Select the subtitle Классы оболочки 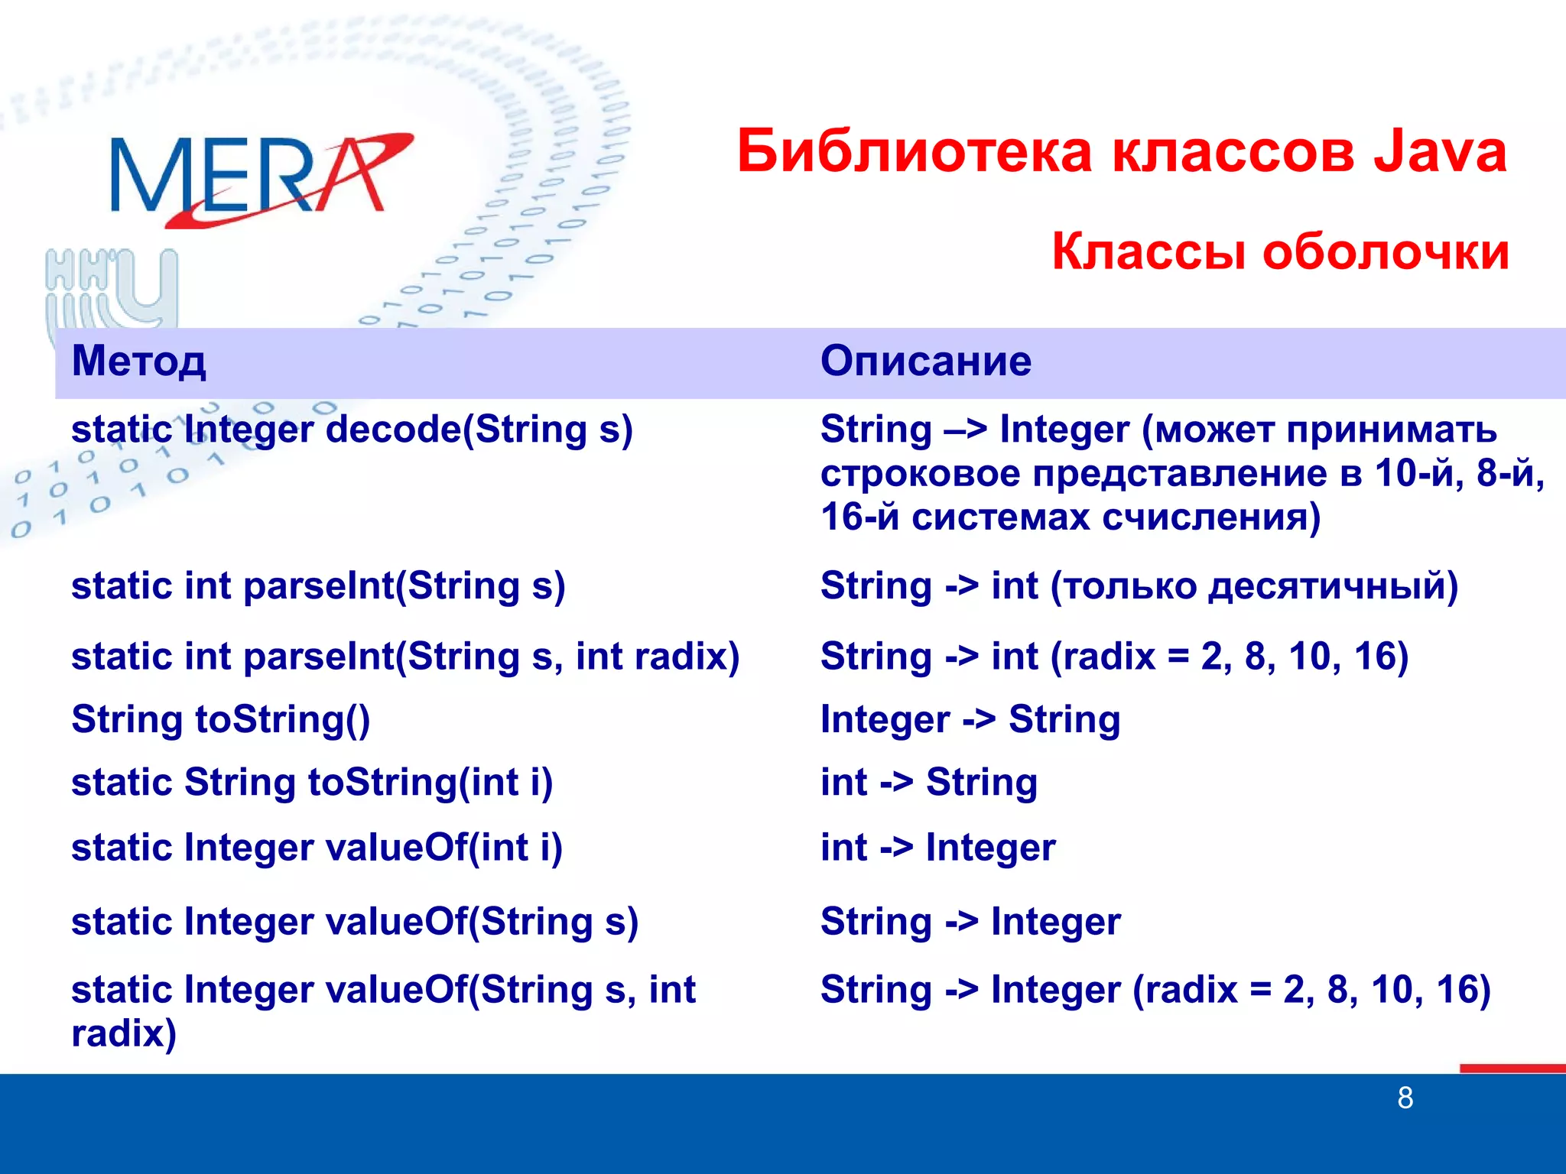tap(1280, 251)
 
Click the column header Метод tap(138, 361)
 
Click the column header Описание tap(925, 361)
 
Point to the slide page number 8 tap(1405, 1098)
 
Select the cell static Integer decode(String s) tap(352, 430)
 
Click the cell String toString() tap(220, 720)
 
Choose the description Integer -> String tap(970, 720)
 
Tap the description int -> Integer tap(937, 848)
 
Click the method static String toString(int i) tap(312, 783)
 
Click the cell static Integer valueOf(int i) tap(317, 848)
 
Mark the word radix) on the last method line tap(124, 1034)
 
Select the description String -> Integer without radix tap(970, 922)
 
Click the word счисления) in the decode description tap(1211, 517)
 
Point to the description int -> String tap(928, 783)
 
